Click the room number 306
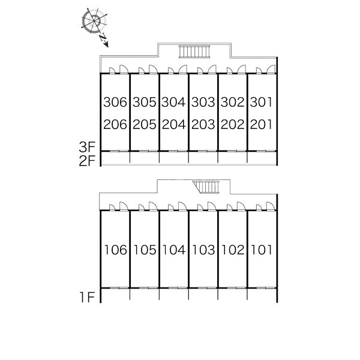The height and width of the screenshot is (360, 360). click(115, 102)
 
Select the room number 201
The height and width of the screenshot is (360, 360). click(261, 124)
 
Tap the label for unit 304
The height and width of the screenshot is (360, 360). click(173, 102)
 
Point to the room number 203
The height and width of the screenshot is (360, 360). click(203, 124)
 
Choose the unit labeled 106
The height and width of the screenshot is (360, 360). click(115, 250)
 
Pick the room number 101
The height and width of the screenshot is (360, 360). click(262, 250)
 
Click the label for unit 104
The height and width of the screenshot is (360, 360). click(174, 250)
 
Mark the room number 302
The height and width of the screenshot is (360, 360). click(233, 102)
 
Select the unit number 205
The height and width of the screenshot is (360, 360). click(145, 124)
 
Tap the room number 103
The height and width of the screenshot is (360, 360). click(203, 250)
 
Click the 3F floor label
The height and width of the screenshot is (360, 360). click(87, 147)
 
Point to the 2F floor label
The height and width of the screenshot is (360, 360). click(87, 161)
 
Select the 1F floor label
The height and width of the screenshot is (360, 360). click(87, 298)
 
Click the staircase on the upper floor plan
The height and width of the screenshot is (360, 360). click(194, 51)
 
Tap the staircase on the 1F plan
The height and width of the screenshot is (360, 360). click(206, 187)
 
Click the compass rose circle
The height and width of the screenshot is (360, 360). click(94, 21)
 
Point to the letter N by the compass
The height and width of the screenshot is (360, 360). click(103, 38)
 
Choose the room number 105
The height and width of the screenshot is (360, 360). click(145, 250)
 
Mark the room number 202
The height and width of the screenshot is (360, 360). click(233, 124)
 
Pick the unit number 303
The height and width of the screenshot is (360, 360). click(203, 102)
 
